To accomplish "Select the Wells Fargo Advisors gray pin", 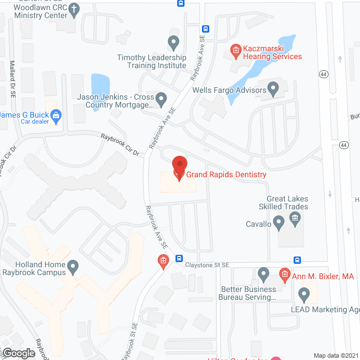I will point(274,88).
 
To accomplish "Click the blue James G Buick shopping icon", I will point(56,116).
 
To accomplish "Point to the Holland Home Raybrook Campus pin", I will point(73,265).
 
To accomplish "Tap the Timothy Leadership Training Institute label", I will point(151,61).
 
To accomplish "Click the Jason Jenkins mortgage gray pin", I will point(161,100).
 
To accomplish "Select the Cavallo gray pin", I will point(278,224).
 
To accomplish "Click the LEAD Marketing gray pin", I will point(304,293).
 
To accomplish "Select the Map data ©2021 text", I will point(335,355).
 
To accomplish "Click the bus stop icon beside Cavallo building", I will point(297,260).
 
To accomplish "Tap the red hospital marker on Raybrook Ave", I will point(163,260).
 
